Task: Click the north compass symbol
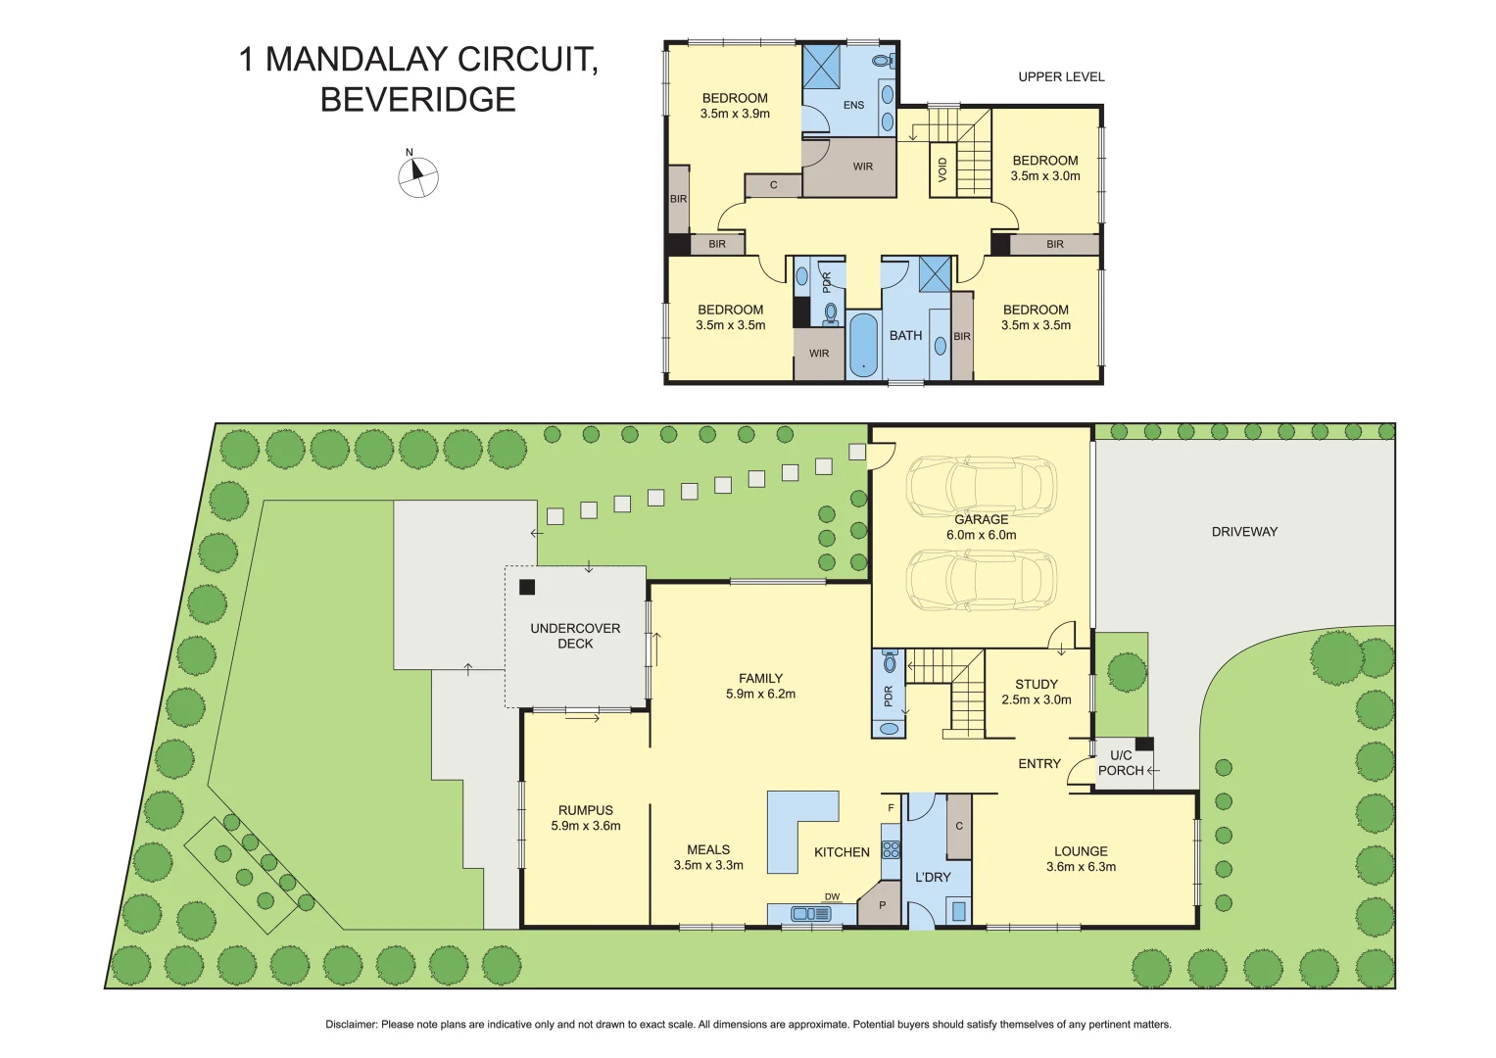tap(417, 177)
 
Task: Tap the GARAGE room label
tap(981, 519)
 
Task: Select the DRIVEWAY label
tap(1244, 532)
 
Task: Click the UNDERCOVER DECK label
tap(575, 636)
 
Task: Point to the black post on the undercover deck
tap(527, 587)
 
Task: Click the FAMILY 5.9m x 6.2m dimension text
tap(760, 694)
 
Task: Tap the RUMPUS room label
tap(586, 810)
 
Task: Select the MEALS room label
tap(708, 849)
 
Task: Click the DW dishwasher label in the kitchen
tap(832, 896)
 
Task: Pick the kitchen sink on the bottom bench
tap(810, 914)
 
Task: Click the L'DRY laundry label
tap(933, 877)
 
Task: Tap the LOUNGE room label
tap(1081, 851)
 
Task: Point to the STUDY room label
tap(1037, 684)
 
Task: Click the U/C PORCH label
tap(1121, 763)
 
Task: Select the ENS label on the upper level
tap(853, 105)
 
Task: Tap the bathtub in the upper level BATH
tap(863, 344)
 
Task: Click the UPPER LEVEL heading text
tap(1061, 76)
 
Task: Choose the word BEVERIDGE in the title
tap(418, 100)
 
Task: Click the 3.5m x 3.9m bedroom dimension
tap(735, 114)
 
